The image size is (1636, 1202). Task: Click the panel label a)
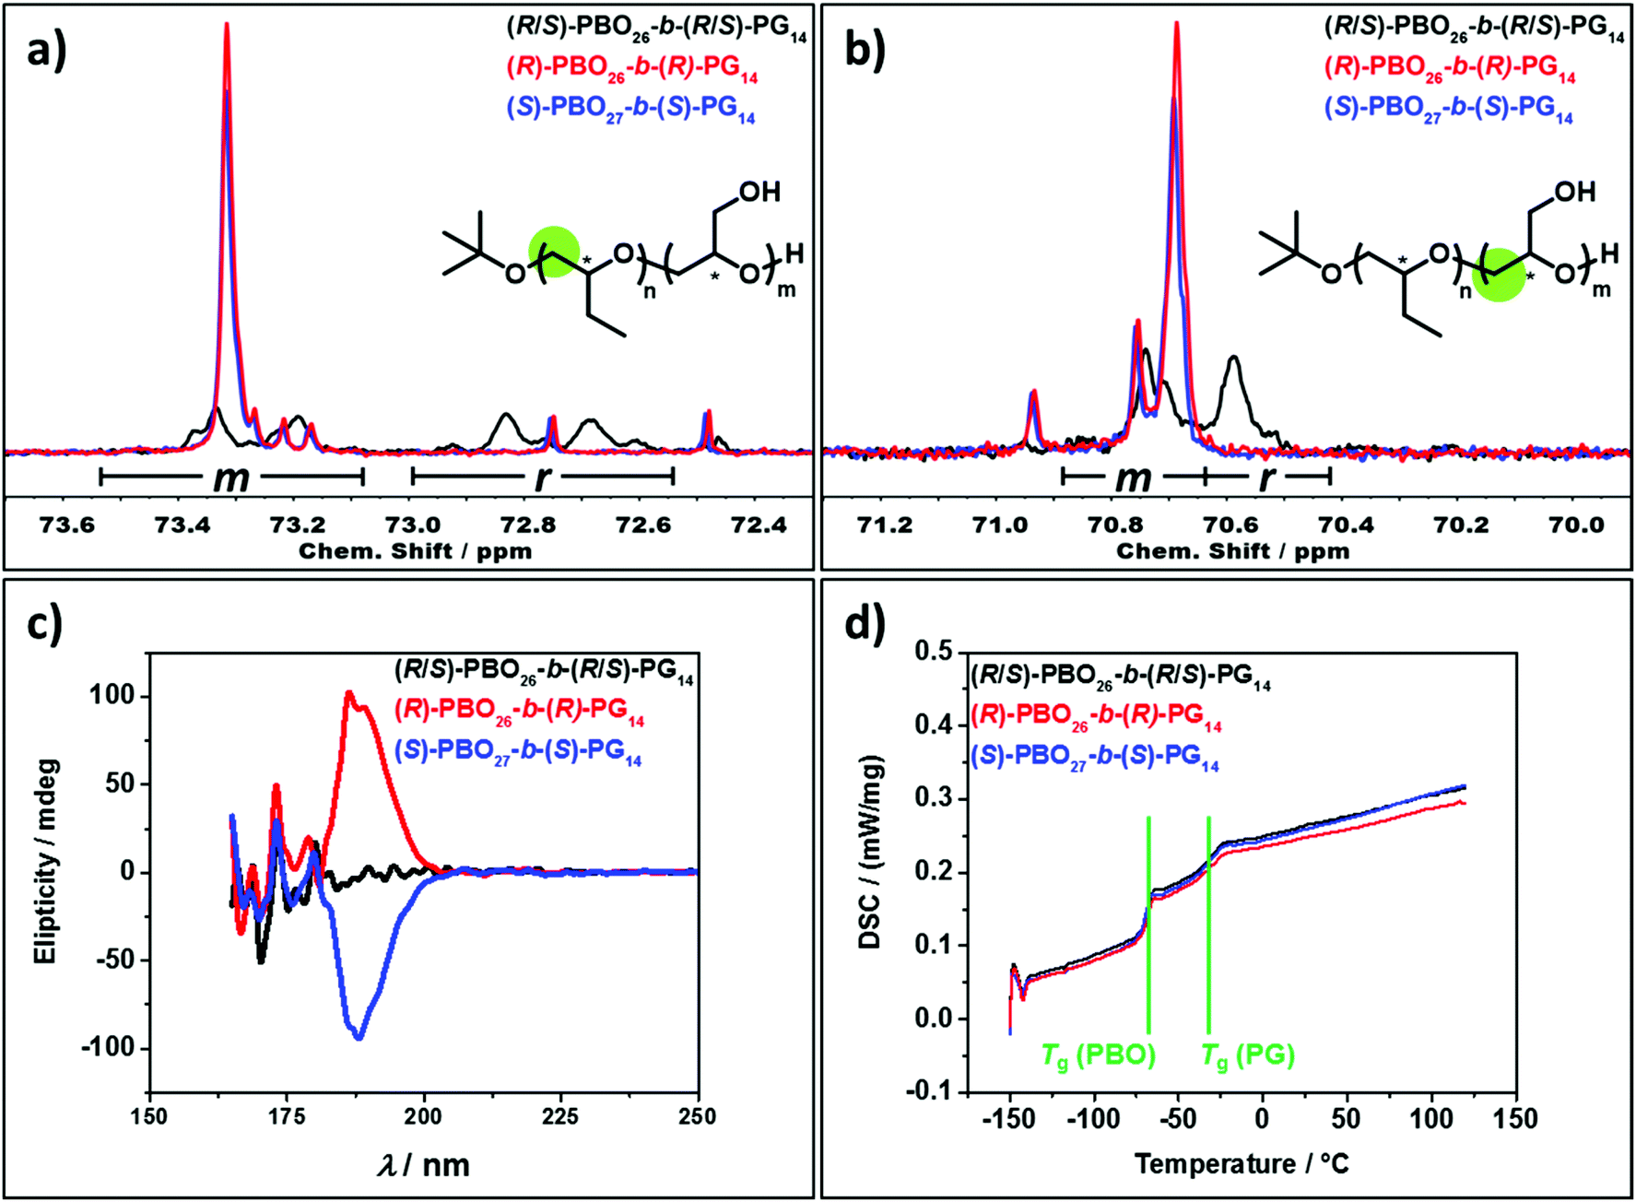[x=46, y=51]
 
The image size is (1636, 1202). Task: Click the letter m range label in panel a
[x=230, y=477]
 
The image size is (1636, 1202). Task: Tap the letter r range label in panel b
[x=1267, y=477]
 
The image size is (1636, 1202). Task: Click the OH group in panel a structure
[x=759, y=192]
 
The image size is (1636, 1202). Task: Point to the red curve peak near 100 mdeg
[x=349, y=693]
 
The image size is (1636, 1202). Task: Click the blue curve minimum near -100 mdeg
[x=359, y=1037]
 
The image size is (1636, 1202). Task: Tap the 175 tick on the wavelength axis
[x=287, y=1117]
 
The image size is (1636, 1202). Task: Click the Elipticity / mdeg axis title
[x=46, y=862]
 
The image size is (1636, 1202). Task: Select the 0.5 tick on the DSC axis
[x=933, y=652]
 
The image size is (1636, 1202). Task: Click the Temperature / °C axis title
[x=1242, y=1164]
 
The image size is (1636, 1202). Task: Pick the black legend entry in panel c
[x=544, y=670]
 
